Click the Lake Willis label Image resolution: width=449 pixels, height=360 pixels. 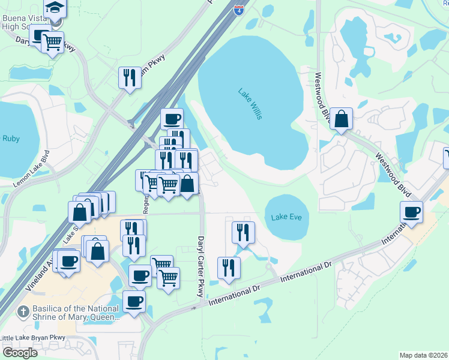point(250,104)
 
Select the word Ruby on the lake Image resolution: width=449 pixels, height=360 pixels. point(11,139)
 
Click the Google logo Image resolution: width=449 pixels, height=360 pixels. point(20,352)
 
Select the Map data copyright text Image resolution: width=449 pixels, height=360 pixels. point(424,355)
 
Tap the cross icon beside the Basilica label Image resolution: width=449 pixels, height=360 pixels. point(22,311)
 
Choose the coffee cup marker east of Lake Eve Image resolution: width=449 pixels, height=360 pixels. point(411,212)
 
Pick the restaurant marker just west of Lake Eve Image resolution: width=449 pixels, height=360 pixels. point(243,232)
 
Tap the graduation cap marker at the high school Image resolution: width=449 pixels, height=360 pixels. point(55,7)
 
